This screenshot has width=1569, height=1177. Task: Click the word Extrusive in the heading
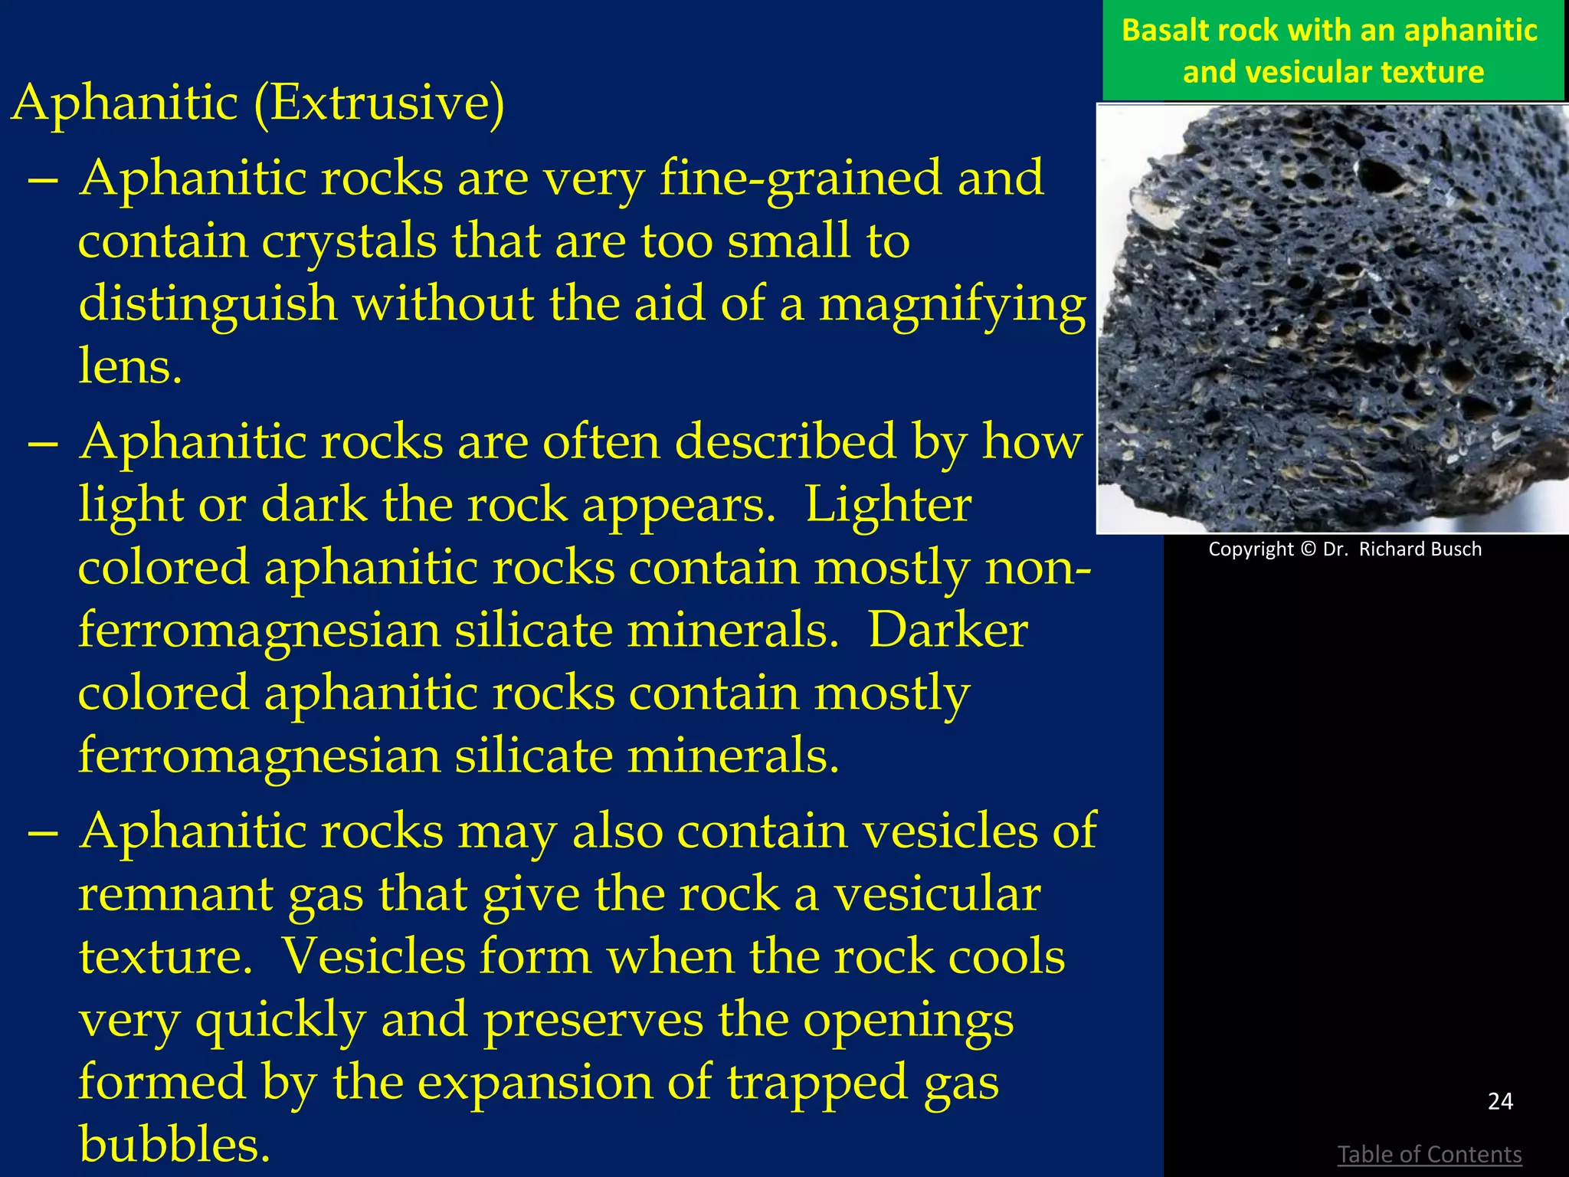click(378, 103)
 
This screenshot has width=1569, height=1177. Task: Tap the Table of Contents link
click(1429, 1153)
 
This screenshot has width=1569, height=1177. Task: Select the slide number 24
click(1500, 1101)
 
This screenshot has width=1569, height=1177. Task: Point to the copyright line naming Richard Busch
click(1345, 549)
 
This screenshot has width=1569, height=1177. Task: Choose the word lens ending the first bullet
click(129, 366)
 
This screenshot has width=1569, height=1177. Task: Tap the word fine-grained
click(850, 179)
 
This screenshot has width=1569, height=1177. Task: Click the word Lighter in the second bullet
click(888, 506)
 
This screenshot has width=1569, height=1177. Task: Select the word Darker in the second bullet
click(948, 631)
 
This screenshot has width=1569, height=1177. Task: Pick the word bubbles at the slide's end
click(174, 1144)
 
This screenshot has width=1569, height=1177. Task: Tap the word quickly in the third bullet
click(280, 1021)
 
